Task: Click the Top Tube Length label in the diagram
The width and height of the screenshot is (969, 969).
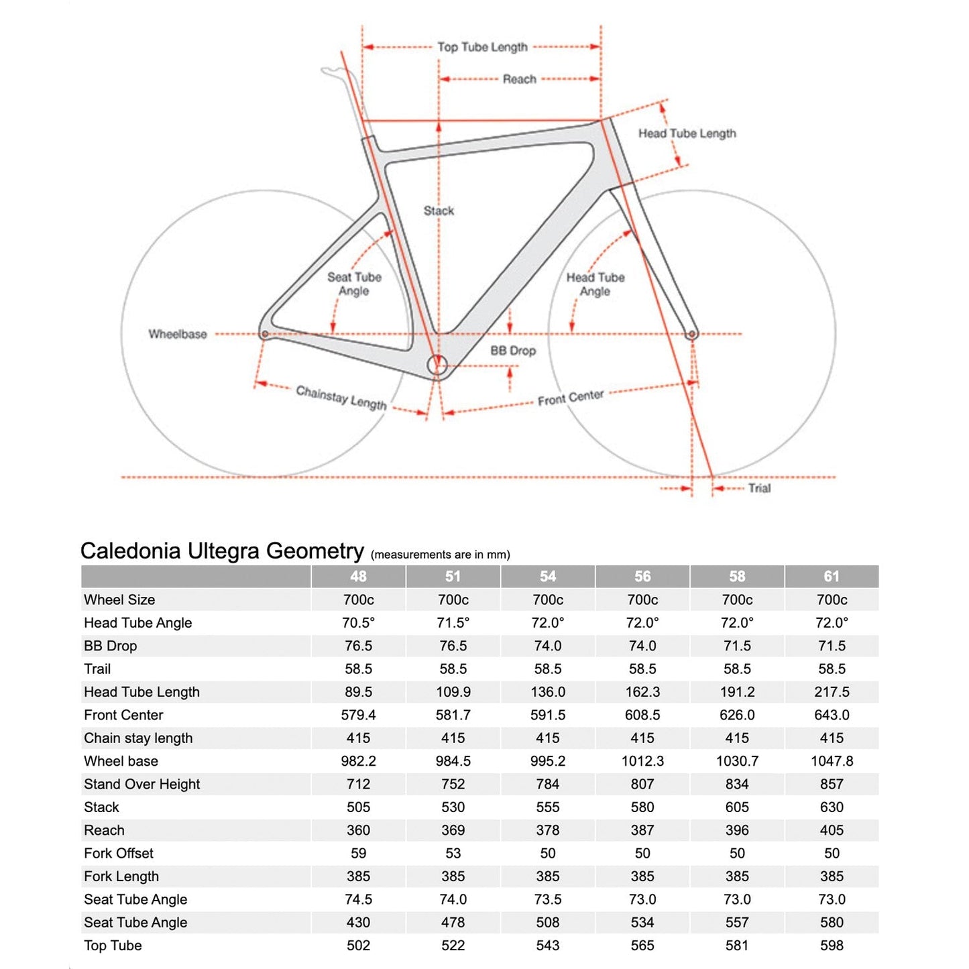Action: pos(482,47)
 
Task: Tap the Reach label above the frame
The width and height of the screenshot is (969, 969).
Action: pos(520,79)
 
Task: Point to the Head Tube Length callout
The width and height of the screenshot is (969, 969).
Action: pos(687,133)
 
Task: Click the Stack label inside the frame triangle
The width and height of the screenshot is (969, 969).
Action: pos(439,211)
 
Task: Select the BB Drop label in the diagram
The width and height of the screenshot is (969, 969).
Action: pos(513,351)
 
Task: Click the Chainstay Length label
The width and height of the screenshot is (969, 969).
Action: pos(341,398)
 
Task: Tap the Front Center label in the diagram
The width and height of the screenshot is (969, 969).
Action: pos(571,398)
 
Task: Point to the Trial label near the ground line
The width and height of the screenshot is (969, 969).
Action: pos(759,488)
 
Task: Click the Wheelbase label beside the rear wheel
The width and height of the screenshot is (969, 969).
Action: pos(178,334)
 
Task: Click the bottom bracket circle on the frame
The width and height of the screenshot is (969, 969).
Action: pos(437,365)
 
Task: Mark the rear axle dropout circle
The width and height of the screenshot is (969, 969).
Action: pos(265,333)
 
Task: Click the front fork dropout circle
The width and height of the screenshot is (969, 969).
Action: pos(693,333)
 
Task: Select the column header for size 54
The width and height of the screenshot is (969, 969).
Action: pos(548,577)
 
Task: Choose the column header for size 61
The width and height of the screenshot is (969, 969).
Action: pos(832,577)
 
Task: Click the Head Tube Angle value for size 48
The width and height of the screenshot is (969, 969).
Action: pos(358,623)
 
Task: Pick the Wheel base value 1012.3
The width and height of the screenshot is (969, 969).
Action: pos(642,761)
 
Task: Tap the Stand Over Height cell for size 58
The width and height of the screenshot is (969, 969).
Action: pos(737,784)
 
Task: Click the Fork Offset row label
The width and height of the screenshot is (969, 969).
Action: pos(119,853)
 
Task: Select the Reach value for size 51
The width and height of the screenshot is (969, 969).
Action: pos(453,830)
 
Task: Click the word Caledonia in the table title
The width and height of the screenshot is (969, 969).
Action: pos(131,551)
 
